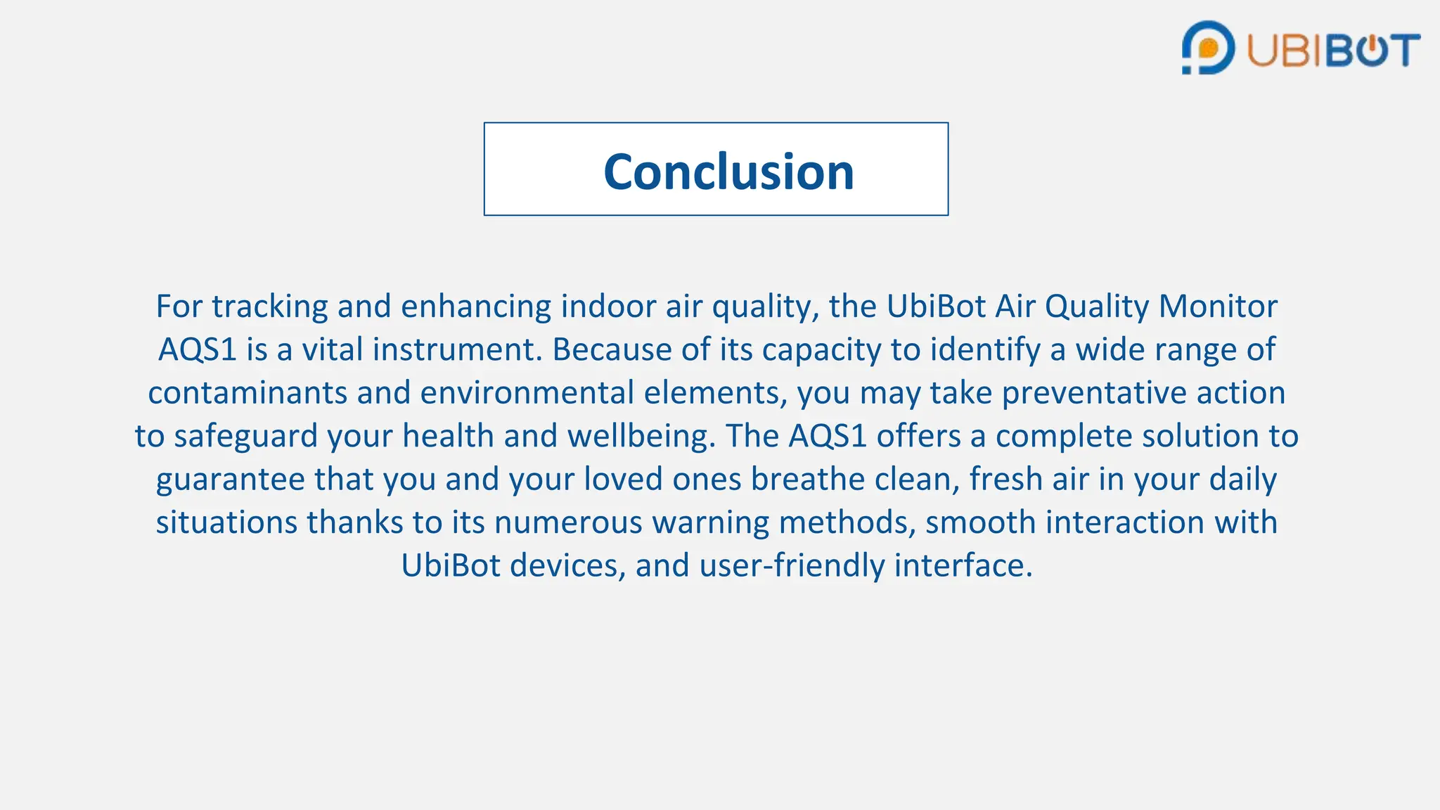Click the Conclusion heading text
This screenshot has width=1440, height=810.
pyautogui.click(x=728, y=172)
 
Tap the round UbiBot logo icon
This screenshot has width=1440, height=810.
pyautogui.click(x=1207, y=48)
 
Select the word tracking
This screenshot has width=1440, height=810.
pyautogui.click(x=269, y=307)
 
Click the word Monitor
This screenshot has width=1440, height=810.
pyautogui.click(x=1218, y=307)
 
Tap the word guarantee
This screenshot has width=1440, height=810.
pyautogui.click(x=230, y=480)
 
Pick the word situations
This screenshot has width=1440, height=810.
pyautogui.click(x=226, y=523)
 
